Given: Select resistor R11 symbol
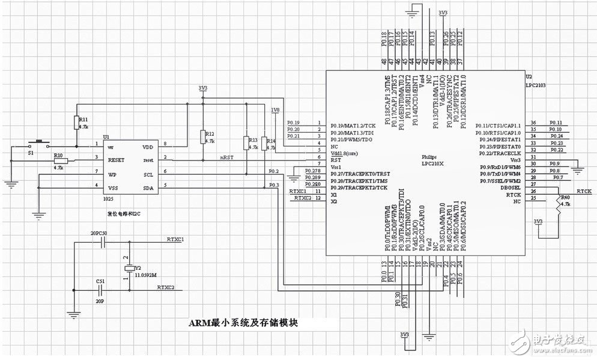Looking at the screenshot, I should [77, 123].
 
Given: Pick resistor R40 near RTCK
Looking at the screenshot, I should [558, 204].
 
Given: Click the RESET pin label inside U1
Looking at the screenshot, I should [117, 160].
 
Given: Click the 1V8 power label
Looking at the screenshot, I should [275, 110].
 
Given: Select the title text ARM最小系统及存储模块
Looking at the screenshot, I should [244, 323].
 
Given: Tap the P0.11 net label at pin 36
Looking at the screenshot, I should [556, 123].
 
